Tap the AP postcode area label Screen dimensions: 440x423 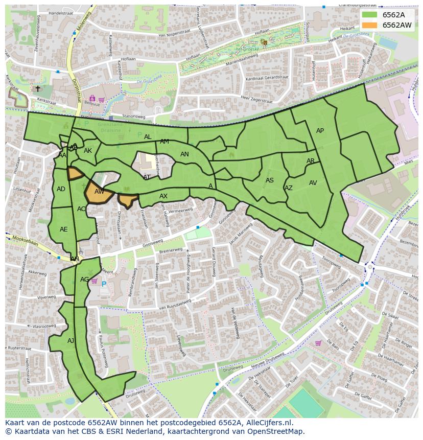[320, 131]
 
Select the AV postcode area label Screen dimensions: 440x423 [313, 183]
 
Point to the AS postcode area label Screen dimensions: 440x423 [270, 180]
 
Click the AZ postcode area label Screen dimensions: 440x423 [289, 188]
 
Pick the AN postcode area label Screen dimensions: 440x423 [184, 154]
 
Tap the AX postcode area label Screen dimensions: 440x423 [163, 196]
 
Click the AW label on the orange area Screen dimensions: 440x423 [100, 192]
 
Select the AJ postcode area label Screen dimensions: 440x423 [70, 340]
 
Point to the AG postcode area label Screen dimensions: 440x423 [85, 280]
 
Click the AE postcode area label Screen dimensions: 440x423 [63, 229]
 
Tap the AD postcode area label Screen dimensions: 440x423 [61, 189]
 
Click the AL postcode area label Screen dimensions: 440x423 [148, 137]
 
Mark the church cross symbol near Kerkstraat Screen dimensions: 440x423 [37, 88]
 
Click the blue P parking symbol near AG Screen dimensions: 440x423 [104, 284]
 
